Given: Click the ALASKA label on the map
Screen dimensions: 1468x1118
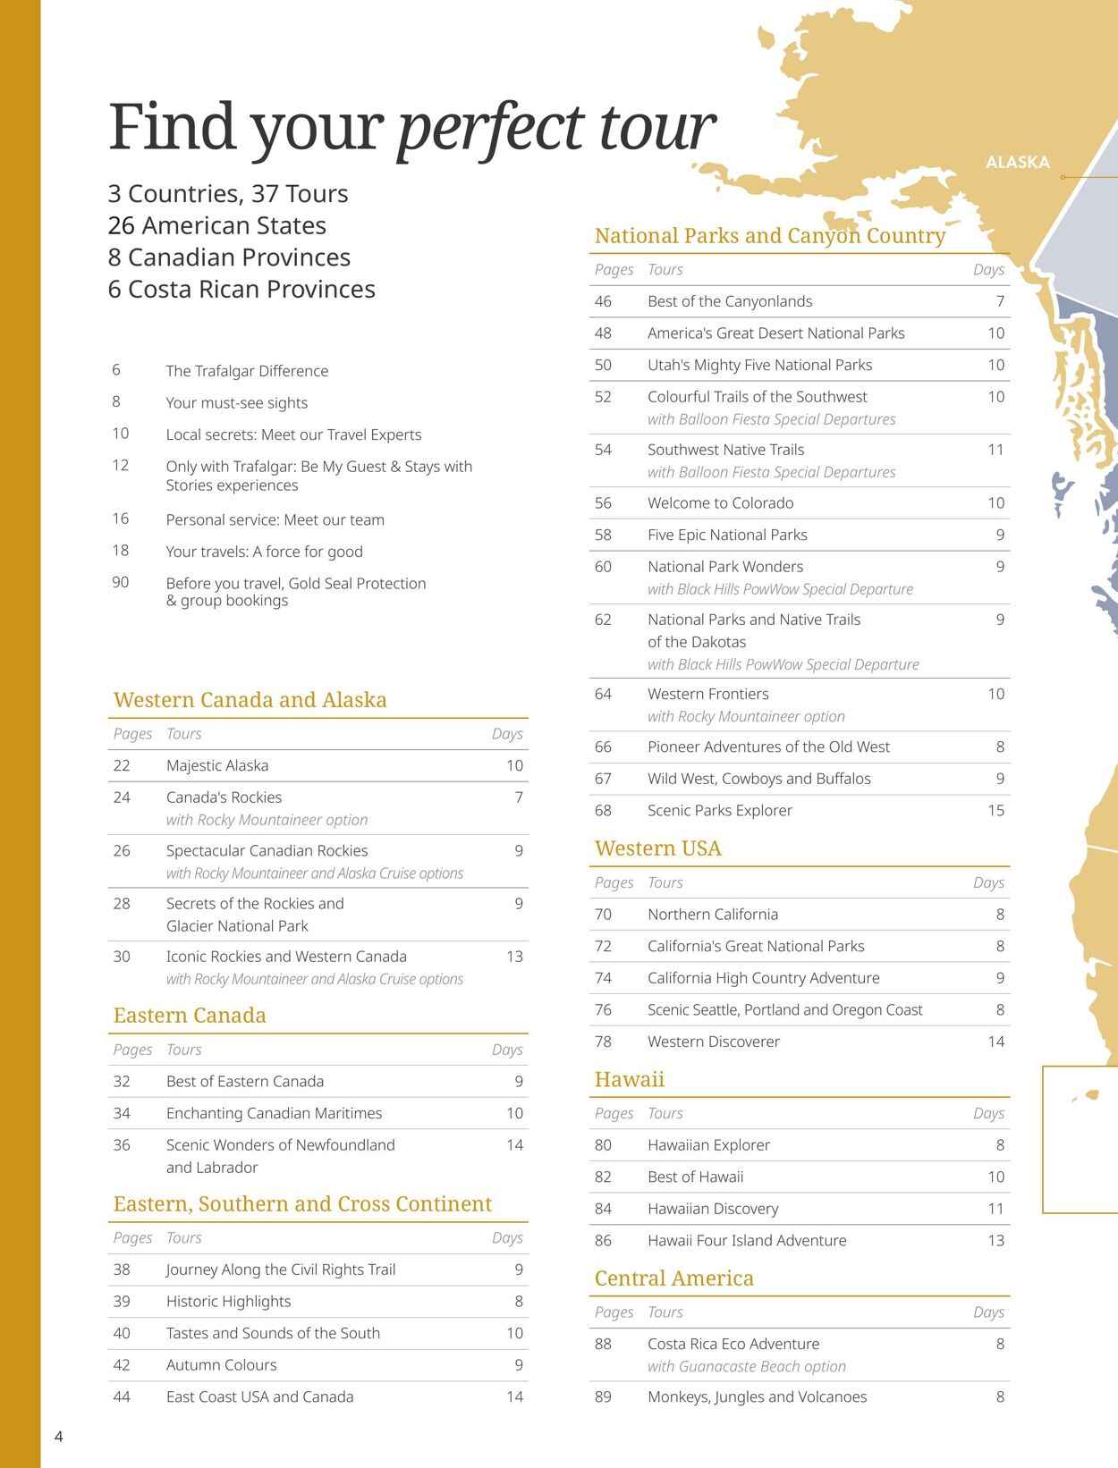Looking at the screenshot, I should tap(1017, 162).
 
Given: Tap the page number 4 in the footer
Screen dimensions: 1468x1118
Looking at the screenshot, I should tap(59, 1436).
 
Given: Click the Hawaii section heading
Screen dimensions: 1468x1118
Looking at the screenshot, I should tap(629, 1079).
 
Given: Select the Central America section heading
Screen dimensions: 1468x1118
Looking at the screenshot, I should tap(673, 1278).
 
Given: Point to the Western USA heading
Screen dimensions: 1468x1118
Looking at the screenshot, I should tap(657, 848).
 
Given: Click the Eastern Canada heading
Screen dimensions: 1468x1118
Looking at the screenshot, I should tap(190, 1016).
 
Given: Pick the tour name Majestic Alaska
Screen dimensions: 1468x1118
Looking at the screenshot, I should tap(217, 765).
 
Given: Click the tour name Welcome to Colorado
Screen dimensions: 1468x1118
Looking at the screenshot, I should tap(720, 502).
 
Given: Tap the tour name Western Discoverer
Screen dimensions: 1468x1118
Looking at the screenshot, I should tap(713, 1042).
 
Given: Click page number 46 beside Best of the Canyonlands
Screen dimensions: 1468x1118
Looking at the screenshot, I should tap(603, 301).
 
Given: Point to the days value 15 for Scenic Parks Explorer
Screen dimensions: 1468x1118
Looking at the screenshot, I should tap(995, 810).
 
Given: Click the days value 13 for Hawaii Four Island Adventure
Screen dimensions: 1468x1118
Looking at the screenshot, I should tap(995, 1240).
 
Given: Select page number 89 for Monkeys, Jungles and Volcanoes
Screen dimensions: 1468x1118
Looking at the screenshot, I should tap(603, 1396).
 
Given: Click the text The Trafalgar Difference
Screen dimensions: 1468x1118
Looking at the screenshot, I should tap(247, 371).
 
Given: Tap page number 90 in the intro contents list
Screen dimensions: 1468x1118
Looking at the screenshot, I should tap(120, 582).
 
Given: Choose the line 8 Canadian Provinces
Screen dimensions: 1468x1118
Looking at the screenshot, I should tap(229, 257).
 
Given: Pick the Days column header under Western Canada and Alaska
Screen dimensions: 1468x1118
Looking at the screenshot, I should tap(507, 733).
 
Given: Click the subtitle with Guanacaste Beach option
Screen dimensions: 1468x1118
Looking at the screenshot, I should tap(746, 1366).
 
